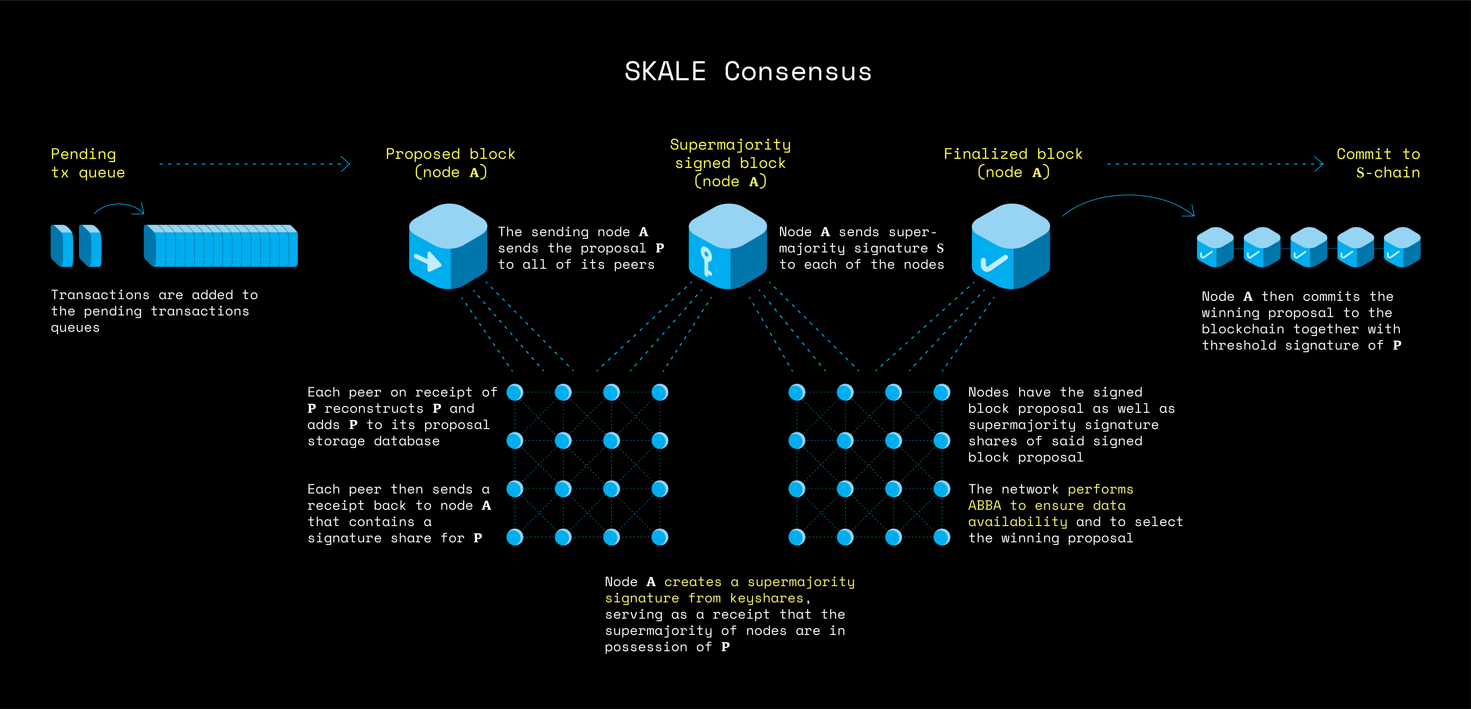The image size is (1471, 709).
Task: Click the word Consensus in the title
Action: [x=798, y=72]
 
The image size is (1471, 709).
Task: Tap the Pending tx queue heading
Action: [x=87, y=163]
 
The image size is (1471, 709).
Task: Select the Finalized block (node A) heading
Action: [x=1013, y=163]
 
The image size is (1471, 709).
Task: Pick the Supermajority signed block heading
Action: [x=730, y=163]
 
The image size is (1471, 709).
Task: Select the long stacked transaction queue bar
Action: [x=221, y=246]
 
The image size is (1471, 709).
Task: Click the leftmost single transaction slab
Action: [x=62, y=246]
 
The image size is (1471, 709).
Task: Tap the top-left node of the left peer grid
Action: [x=515, y=392]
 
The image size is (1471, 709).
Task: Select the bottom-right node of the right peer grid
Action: [x=942, y=537]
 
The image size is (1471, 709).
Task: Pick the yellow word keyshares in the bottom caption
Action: [x=766, y=598]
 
